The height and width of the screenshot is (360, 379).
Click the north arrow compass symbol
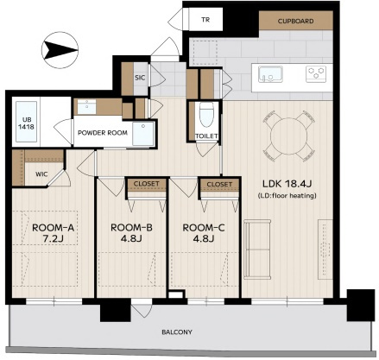pyautogui.click(x=60, y=50)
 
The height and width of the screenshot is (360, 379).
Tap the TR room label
pyautogui.click(x=205, y=20)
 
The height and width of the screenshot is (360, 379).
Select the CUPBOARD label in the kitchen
pyautogui.click(x=295, y=21)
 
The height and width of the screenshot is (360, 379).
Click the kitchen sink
pyautogui.click(x=270, y=74)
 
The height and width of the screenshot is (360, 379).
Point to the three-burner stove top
pyautogui.click(x=316, y=74)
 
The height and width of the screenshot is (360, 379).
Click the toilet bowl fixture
pyautogui.click(x=206, y=115)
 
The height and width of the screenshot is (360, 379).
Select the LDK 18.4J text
pyautogui.click(x=287, y=183)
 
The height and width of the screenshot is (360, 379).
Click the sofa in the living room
pyautogui.click(x=257, y=249)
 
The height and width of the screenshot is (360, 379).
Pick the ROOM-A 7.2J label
pyautogui.click(x=54, y=233)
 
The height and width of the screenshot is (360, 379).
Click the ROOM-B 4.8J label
pyautogui.click(x=131, y=233)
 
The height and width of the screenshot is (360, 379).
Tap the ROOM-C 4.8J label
pyautogui.click(x=204, y=233)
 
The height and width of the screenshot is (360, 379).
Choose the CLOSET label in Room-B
pyautogui.click(x=147, y=184)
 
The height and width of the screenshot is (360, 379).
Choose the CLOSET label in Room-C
pyautogui.click(x=219, y=184)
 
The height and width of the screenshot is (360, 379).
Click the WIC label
pyautogui.click(x=41, y=174)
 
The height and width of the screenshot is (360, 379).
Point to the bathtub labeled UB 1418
pyautogui.click(x=26, y=122)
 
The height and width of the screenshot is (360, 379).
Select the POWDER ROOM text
pyautogui.click(x=103, y=133)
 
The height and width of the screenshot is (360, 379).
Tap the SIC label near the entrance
pyautogui.click(x=140, y=78)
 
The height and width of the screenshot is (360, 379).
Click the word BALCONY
pyautogui.click(x=177, y=332)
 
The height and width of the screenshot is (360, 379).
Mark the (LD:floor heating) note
pyautogui.click(x=287, y=196)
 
